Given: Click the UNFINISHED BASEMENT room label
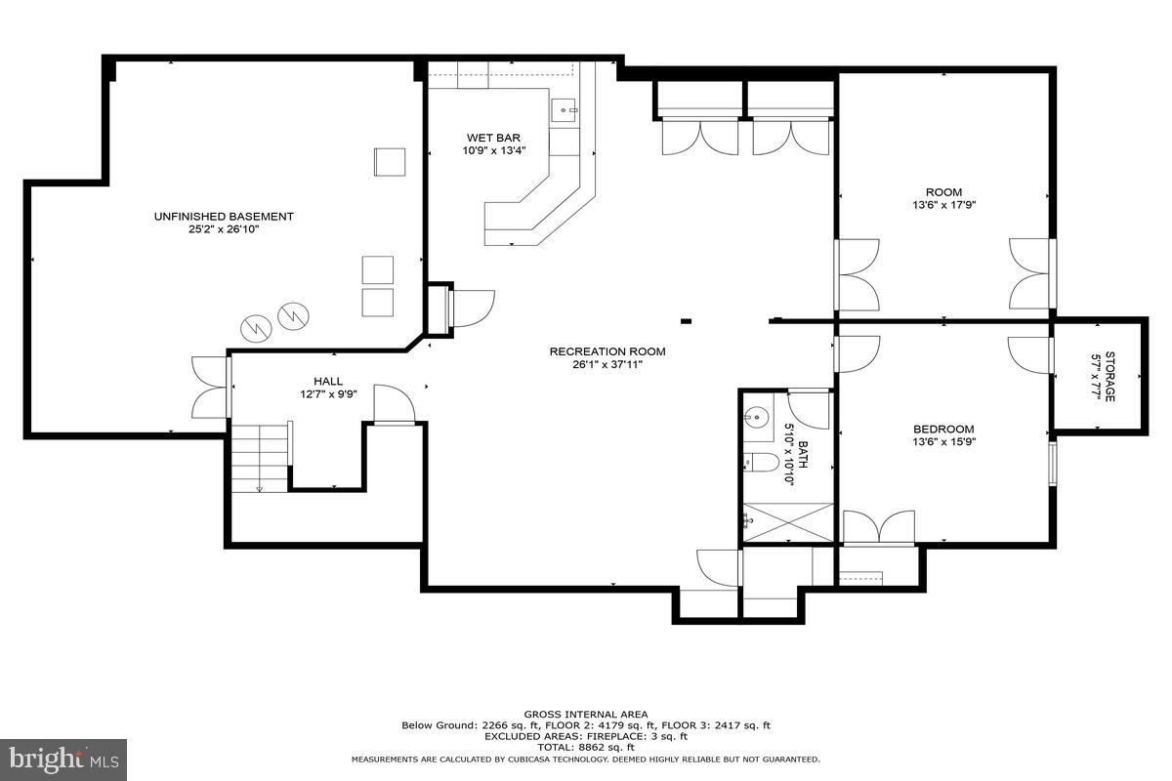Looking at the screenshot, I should click(x=224, y=216).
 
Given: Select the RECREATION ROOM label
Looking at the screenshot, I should click(x=607, y=351).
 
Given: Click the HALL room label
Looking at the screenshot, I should click(x=328, y=381).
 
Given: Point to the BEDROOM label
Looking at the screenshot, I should click(x=943, y=429).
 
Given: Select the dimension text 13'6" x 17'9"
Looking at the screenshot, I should click(x=943, y=206).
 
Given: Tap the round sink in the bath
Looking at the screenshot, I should click(x=755, y=418).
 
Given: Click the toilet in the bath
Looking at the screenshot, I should click(x=760, y=461).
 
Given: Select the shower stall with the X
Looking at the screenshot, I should click(x=788, y=522).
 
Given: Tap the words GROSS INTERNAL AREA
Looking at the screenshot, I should click(x=586, y=715).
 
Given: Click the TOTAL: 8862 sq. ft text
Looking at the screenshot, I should click(x=586, y=747).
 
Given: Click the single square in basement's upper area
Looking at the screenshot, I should click(x=389, y=162).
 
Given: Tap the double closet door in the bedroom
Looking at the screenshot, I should click(x=879, y=526).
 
